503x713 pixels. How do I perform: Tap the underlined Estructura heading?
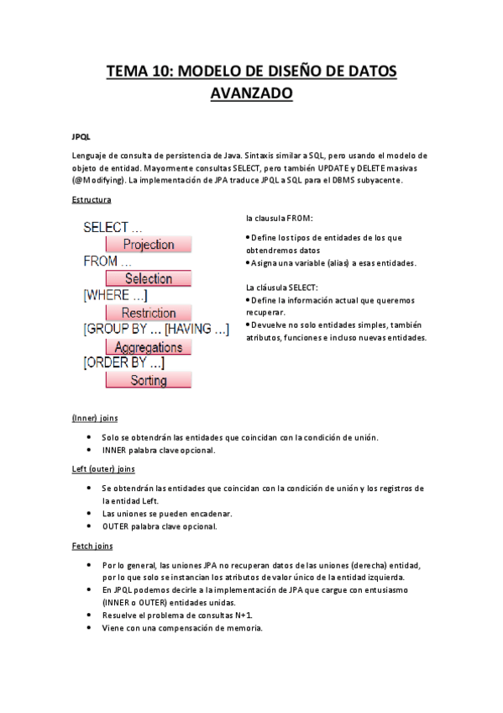click(x=92, y=200)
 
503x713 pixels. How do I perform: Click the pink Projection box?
click(x=149, y=245)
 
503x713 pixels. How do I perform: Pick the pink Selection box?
click(x=149, y=278)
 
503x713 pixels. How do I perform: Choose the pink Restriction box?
click(x=149, y=313)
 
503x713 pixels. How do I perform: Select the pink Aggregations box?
click(x=149, y=346)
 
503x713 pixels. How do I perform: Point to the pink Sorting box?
click(x=149, y=380)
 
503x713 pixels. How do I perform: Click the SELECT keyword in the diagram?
click(x=106, y=227)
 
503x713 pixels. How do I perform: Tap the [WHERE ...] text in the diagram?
click(x=116, y=295)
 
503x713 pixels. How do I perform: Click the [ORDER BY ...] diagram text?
click(x=123, y=363)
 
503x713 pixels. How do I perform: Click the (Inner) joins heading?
click(x=96, y=418)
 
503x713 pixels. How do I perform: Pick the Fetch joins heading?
click(x=93, y=547)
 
